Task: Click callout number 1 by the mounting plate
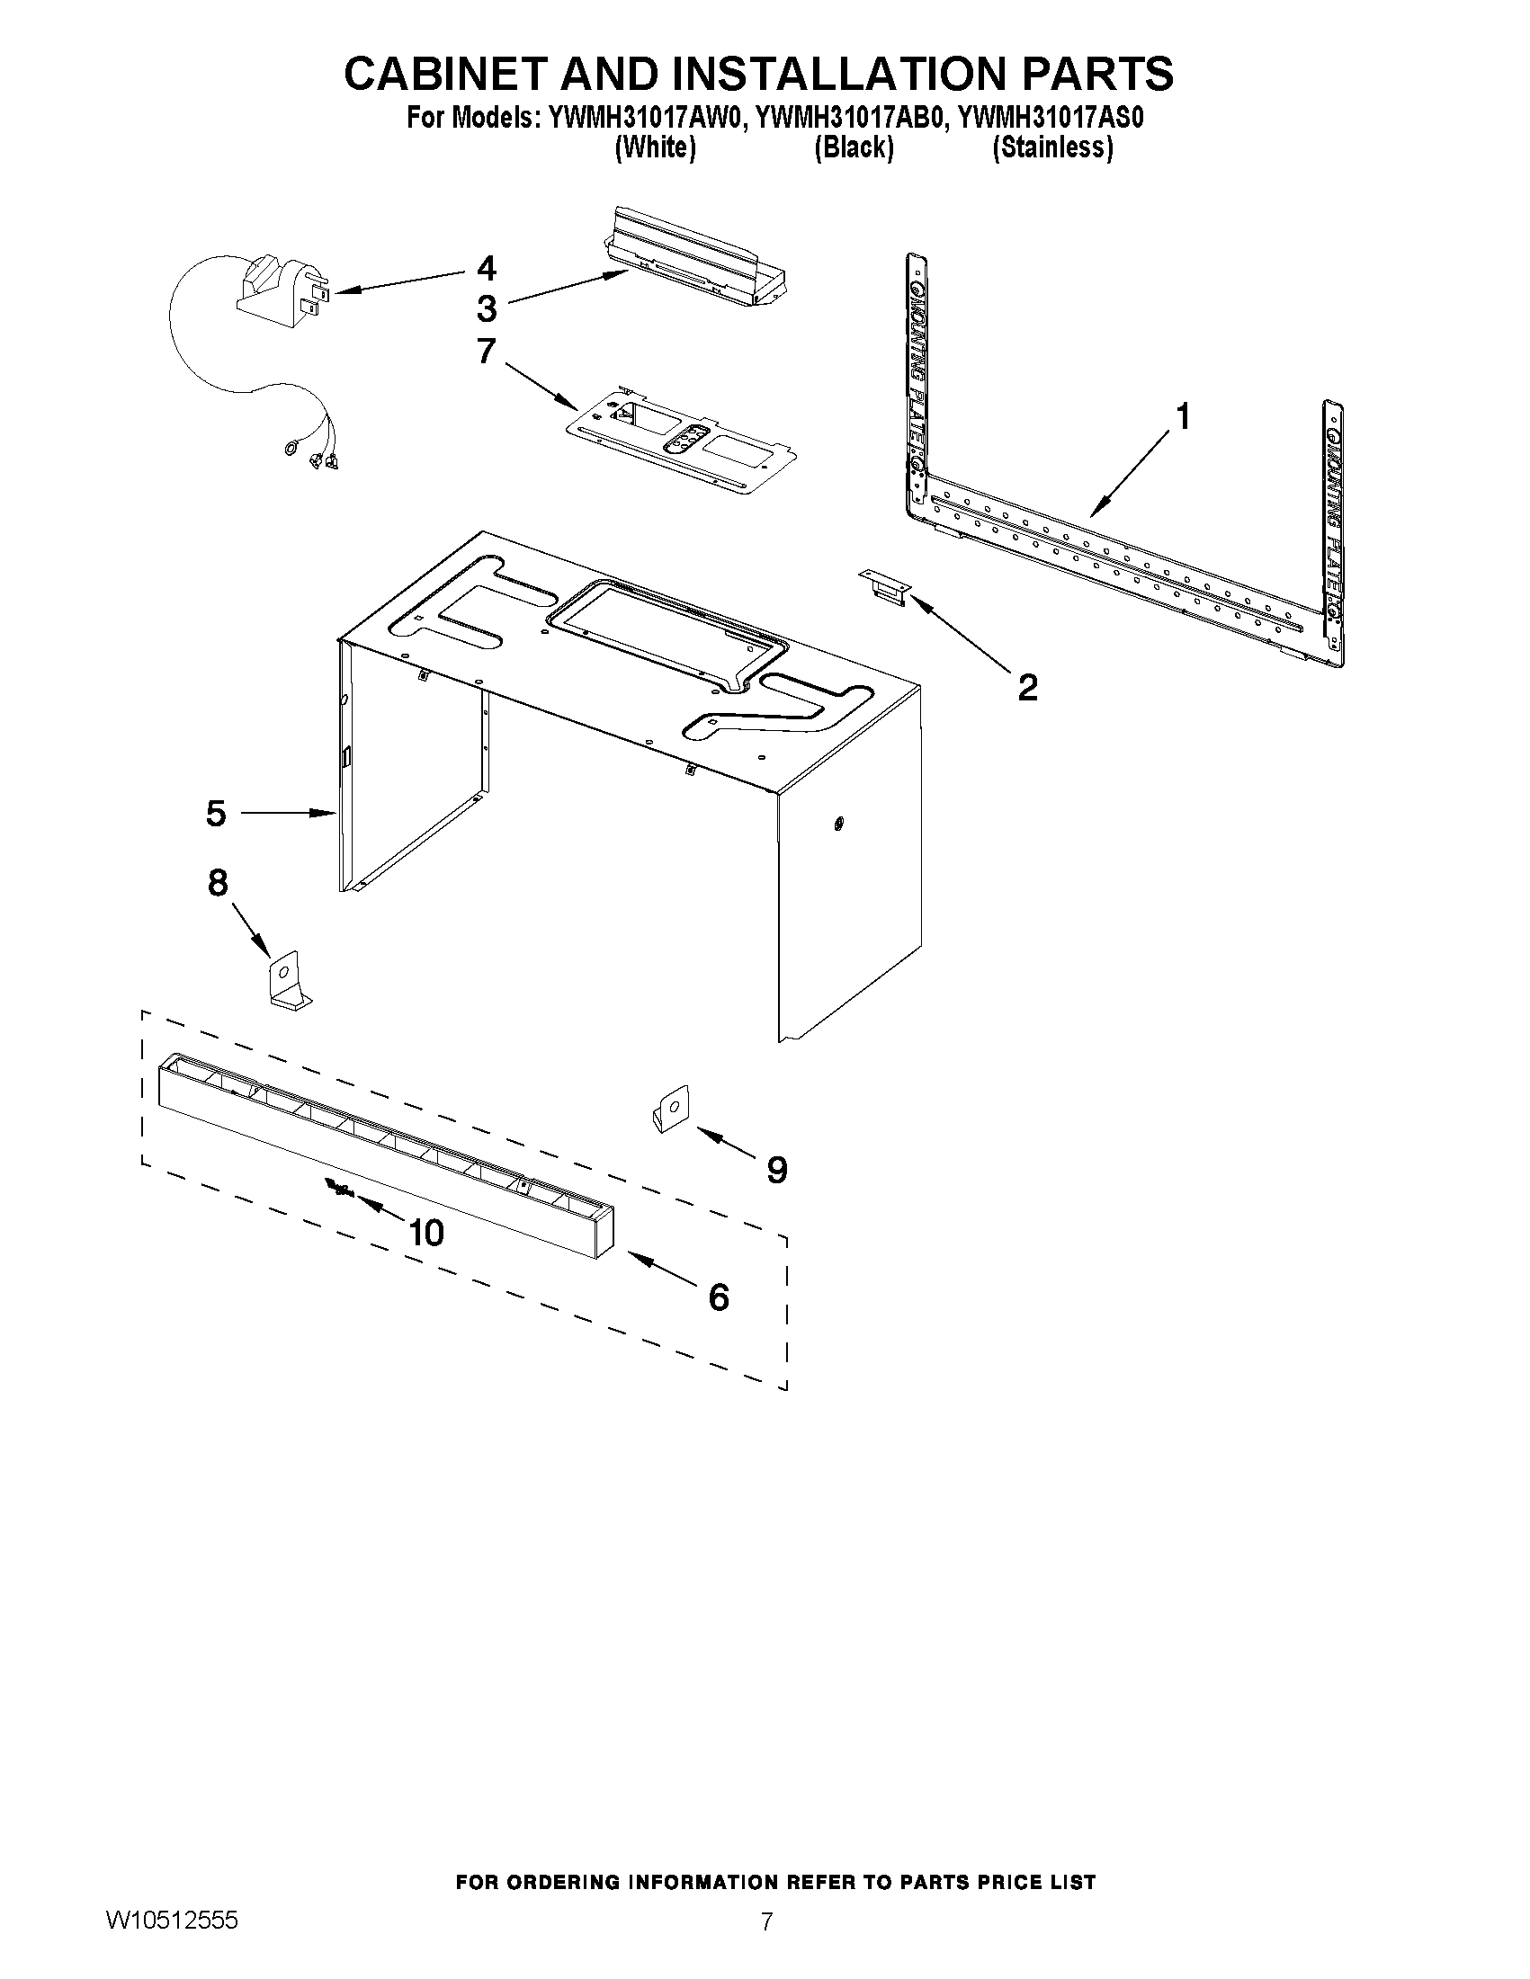point(1182,417)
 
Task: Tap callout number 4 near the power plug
point(487,268)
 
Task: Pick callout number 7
point(487,351)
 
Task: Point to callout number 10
point(426,1233)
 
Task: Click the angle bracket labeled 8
point(286,978)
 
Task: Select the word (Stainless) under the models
point(1052,147)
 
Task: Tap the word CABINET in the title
point(445,74)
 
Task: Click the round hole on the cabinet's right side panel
point(837,823)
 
